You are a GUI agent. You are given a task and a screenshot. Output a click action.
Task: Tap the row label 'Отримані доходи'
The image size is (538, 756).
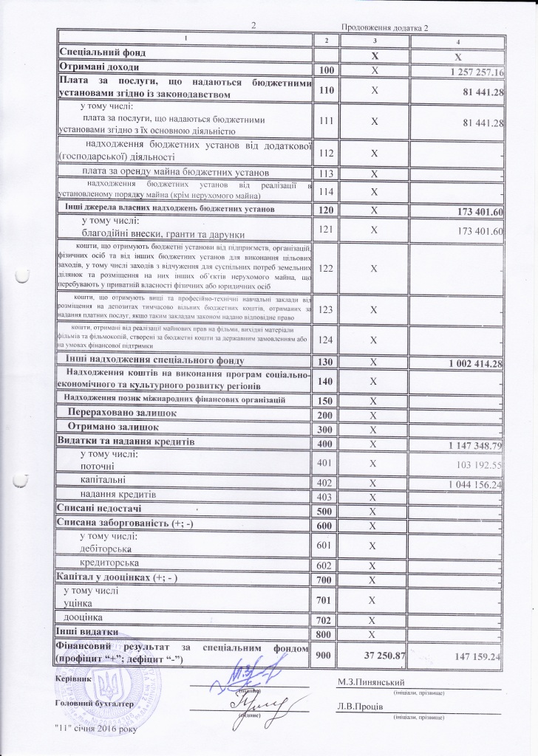tap(96, 68)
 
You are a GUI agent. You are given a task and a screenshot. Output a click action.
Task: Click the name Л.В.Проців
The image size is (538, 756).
tap(359, 706)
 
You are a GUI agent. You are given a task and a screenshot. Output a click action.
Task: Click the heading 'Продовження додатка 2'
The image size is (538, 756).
tap(385, 27)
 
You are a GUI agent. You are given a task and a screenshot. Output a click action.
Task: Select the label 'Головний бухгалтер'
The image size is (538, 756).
tap(94, 704)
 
